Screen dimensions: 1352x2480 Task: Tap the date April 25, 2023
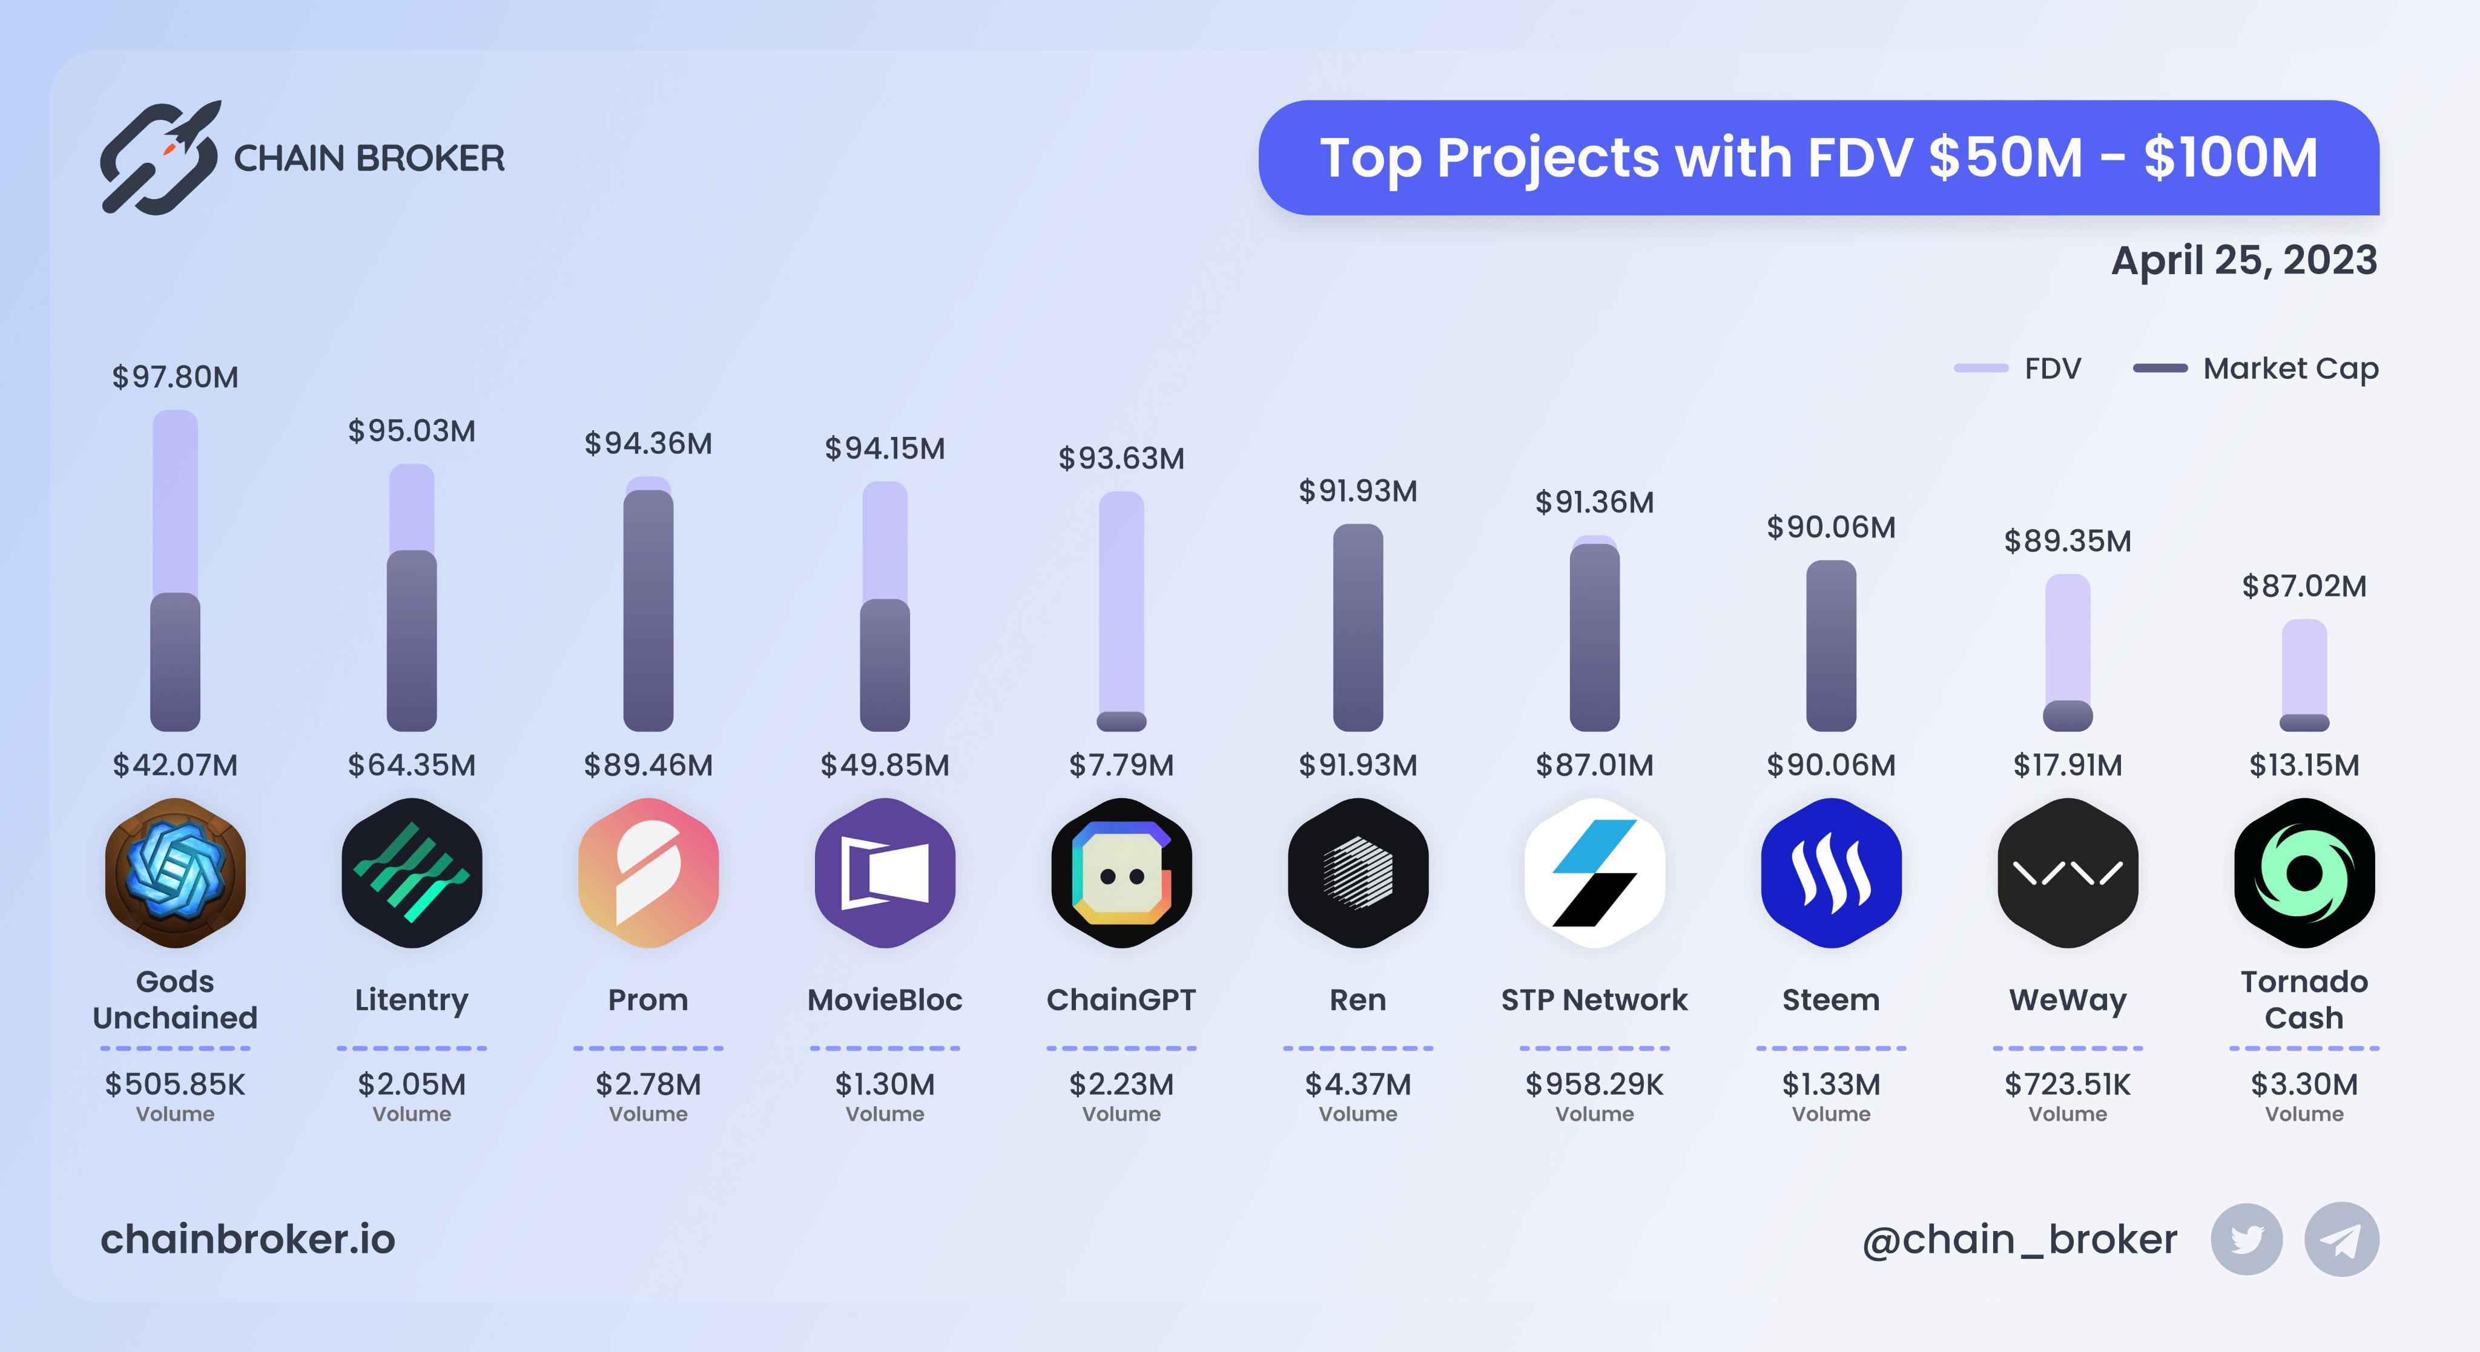(2243, 260)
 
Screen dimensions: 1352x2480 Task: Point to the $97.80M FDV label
(175, 377)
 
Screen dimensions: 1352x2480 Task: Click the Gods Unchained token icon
(175, 872)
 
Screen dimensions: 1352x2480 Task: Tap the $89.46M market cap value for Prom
(648, 765)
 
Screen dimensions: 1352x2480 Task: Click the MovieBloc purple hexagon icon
(885, 872)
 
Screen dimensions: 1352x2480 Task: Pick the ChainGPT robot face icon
(1121, 872)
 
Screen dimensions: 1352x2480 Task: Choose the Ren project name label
(1357, 1000)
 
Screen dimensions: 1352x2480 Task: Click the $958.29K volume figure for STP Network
(1594, 1085)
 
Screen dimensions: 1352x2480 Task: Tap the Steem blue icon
(1830, 872)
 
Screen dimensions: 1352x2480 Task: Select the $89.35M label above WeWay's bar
(2067, 541)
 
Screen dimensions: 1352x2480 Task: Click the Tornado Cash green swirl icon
(2304, 872)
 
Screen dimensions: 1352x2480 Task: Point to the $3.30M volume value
(2304, 1085)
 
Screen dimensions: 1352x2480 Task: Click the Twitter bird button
(2246, 1239)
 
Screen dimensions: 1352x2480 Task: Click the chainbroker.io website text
(248, 1239)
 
